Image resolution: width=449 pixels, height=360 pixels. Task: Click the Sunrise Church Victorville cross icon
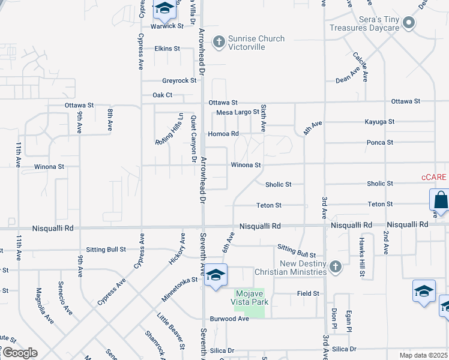218,42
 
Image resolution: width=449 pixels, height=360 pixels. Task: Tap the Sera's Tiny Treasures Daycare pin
409,24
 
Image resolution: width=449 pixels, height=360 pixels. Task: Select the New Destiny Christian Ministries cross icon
336,265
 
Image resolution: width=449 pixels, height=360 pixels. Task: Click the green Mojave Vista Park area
249,303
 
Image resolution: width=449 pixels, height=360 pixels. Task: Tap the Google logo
19,353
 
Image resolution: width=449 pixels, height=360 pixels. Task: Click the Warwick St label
167,26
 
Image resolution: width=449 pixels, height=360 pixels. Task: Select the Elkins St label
167,48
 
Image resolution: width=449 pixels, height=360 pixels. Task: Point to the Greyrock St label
179,80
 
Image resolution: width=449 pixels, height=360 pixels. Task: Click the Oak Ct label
162,95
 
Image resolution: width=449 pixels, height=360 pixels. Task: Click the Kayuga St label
379,121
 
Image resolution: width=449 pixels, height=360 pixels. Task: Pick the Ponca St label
380,142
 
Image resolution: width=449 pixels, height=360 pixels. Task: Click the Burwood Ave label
229,319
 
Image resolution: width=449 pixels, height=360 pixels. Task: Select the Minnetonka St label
179,289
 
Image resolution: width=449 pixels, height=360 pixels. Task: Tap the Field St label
307,293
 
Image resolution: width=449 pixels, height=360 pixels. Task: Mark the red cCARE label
434,177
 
